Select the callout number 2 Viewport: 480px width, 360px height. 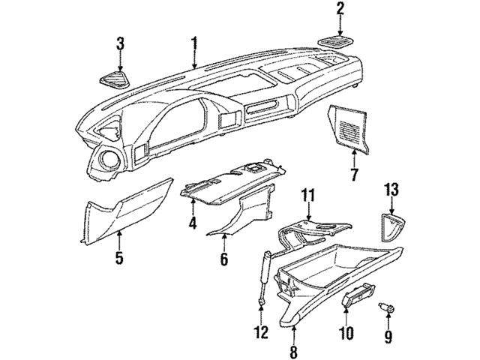pyautogui.click(x=340, y=10)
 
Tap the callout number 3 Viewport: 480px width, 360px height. pyautogui.click(x=118, y=44)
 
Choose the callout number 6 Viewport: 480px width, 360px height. pyautogui.click(x=223, y=259)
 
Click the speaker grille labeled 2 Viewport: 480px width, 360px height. pyautogui.click(x=340, y=40)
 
